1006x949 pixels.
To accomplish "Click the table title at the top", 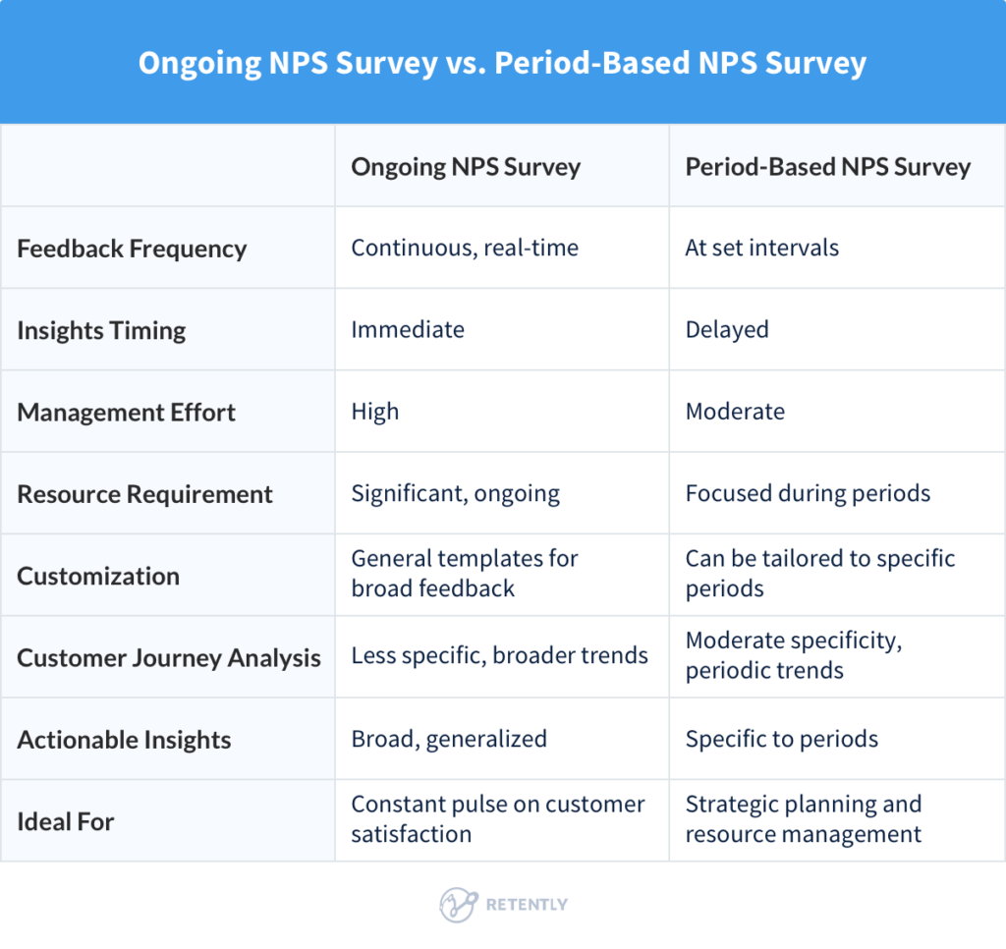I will (502, 63).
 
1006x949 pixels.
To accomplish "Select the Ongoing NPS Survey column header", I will (466, 166).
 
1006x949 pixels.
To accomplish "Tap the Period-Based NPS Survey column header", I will (827, 166).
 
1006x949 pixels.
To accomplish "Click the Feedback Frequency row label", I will (132, 248).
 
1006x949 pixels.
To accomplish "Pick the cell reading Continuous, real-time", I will (465, 248).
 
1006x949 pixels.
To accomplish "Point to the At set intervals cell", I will (761, 248).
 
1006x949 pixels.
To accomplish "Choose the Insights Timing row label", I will (101, 330).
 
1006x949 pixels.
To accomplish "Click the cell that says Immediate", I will (408, 330).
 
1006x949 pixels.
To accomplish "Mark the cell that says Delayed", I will (727, 330).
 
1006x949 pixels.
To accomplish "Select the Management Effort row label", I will (126, 412).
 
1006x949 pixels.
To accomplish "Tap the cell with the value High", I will (375, 412).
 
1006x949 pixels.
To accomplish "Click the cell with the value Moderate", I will (735, 412).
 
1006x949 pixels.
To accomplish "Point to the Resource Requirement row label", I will (144, 493).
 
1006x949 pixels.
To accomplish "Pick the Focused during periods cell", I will (808, 493).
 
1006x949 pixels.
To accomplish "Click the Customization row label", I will (98, 576).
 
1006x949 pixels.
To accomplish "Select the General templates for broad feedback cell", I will (465, 574).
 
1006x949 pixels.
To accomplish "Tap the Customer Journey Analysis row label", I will (169, 657).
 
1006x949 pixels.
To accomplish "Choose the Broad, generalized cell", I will (449, 739).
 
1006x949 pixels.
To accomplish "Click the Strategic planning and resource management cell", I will (804, 819).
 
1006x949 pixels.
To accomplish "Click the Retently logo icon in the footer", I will (458, 904).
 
